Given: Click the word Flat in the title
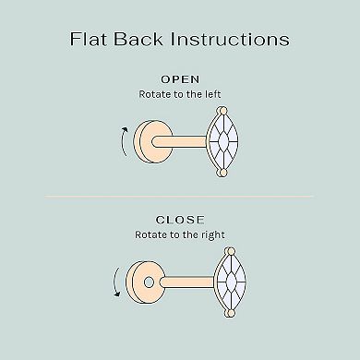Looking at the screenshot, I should pos(90,39).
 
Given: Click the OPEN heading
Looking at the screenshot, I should pos(180,78).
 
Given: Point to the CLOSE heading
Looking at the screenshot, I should pos(180,221).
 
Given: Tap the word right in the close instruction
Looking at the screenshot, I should pos(211,235).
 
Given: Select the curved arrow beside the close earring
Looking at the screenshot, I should pos(114,282).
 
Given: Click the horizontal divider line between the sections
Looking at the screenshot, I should pos(180,196).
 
